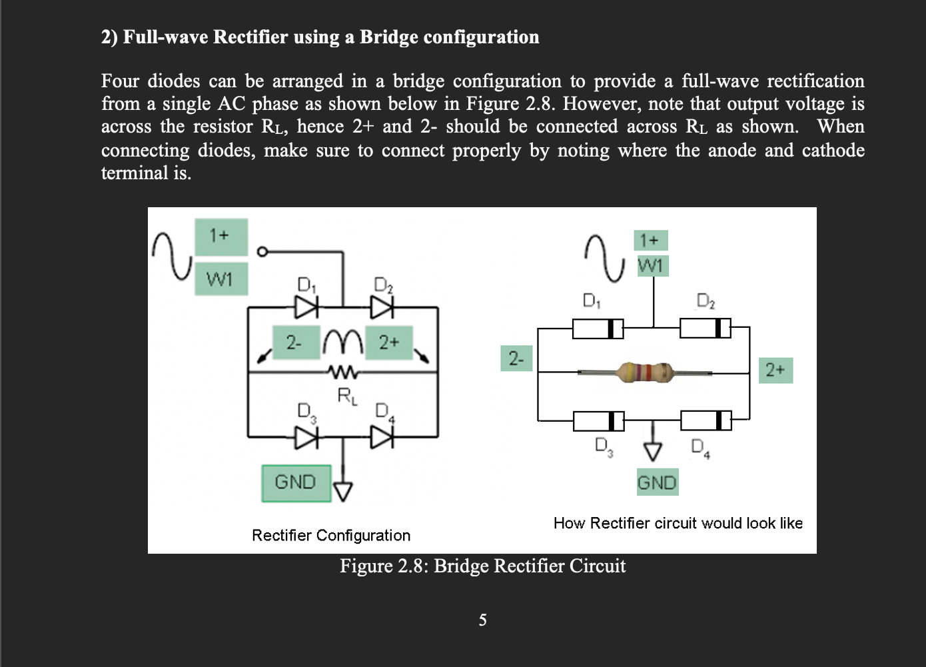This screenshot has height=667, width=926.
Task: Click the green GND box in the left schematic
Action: (296, 483)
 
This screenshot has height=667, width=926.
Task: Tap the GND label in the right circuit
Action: (657, 482)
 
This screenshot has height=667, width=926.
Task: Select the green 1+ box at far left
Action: (221, 236)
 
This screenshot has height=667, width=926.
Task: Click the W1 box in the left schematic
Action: (221, 279)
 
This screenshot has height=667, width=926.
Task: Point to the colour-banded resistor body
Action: (645, 372)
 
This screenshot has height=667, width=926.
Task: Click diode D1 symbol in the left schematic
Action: (307, 307)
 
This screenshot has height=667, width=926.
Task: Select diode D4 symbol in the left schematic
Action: (382, 437)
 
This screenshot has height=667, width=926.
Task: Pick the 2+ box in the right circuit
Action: (775, 370)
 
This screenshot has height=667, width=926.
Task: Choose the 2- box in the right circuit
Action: (516, 358)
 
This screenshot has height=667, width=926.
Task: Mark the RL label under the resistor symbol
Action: (347, 396)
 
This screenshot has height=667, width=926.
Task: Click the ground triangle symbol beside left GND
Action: (342, 491)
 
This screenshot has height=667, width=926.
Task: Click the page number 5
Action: (482, 620)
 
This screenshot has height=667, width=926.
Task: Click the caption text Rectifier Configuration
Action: (331, 535)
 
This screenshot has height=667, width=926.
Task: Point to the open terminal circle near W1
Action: (262, 251)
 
